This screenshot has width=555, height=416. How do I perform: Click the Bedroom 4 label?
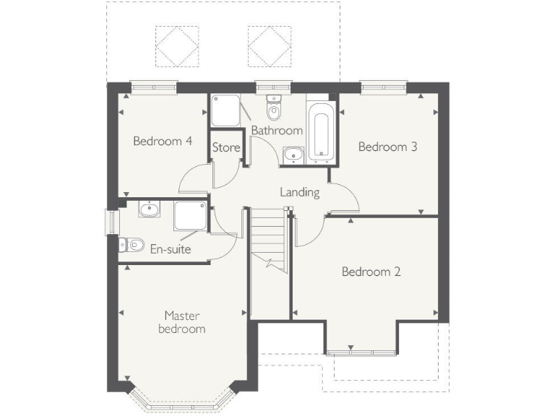pos(162,141)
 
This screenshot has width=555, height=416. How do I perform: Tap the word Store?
pos(226,148)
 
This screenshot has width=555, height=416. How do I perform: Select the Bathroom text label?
pos(276,131)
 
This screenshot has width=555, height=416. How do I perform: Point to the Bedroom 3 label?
pos(388,147)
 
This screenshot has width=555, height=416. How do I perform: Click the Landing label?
pos(300,192)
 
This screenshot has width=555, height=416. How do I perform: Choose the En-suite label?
pos(171,250)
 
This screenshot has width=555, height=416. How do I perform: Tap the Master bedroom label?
pos(184,322)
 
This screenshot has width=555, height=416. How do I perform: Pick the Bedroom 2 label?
pos(371,272)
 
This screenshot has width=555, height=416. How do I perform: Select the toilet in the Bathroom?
pos(273,109)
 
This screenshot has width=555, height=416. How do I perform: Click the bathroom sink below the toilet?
pos(293,154)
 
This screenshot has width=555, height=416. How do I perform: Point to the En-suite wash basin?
pos(150,209)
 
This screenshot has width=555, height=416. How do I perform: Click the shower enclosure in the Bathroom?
pos(225,111)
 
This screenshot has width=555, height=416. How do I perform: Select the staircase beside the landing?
pos(270,238)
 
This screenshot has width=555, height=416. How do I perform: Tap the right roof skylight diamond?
pos(268,43)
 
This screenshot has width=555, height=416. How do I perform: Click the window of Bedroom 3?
pos(383,87)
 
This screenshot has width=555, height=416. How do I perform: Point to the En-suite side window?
pos(111,222)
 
